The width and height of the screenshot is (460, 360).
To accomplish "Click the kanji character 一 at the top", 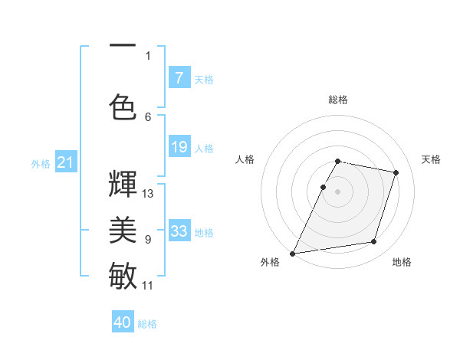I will coord(123,47).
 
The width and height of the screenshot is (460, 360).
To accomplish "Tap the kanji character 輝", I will coord(123,185).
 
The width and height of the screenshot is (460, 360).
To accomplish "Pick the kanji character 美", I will coord(123,229).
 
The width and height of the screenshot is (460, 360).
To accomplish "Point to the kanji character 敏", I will coord(123,275).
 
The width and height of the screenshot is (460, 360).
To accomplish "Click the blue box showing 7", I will coord(179,77).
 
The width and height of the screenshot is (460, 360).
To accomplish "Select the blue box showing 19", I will coord(179,147).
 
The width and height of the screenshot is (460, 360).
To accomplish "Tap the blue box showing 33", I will coord(179,231).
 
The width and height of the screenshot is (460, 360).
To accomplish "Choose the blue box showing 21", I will coord(65,162).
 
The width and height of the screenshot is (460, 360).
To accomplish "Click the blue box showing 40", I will coord(123,322).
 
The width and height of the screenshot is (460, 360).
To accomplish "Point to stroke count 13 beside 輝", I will coord(147,194).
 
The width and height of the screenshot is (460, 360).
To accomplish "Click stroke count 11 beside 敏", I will coord(147,286).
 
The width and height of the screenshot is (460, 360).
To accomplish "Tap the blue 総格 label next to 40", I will coord(147,324).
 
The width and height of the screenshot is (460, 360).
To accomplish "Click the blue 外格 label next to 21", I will coord(40,163).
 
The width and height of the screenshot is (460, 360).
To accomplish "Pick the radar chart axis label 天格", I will coord(432,159).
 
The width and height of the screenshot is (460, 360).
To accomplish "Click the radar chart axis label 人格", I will coord(245,159).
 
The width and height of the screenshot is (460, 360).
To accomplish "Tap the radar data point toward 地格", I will coord(374,242).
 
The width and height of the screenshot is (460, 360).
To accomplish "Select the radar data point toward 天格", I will coord(396,172).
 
